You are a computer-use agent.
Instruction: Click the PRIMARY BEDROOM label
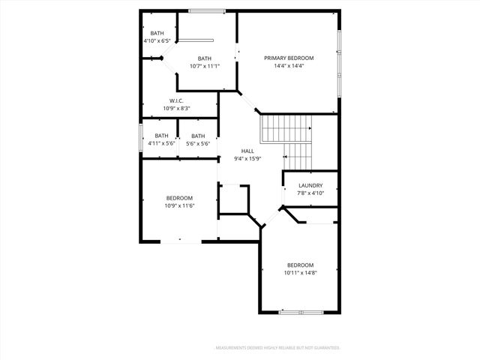point(289,58)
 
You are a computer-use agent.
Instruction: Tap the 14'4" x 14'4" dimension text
point(289,66)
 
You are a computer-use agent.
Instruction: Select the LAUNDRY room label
point(310,185)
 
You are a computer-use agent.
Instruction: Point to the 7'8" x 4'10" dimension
point(310,193)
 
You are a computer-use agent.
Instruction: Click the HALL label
point(247,151)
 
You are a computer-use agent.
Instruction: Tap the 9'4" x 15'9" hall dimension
point(247,158)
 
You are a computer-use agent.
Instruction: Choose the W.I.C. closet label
point(177,100)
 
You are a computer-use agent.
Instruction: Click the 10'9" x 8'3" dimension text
point(177,109)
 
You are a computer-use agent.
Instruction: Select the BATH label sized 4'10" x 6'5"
point(157,33)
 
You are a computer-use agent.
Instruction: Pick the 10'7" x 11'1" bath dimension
point(205,66)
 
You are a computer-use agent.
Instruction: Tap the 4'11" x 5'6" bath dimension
point(161,143)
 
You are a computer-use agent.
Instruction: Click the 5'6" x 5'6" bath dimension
point(197,143)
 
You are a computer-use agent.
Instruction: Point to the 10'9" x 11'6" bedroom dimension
point(180,205)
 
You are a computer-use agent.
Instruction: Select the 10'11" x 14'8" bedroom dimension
point(300,273)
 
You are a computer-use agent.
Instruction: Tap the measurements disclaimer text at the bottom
point(277,348)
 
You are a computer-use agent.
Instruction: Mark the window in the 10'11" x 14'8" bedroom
point(300,312)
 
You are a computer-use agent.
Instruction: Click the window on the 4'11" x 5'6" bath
point(141,139)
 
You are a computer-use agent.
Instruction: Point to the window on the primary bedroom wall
point(339,52)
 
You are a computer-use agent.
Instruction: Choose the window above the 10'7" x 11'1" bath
point(207,10)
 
